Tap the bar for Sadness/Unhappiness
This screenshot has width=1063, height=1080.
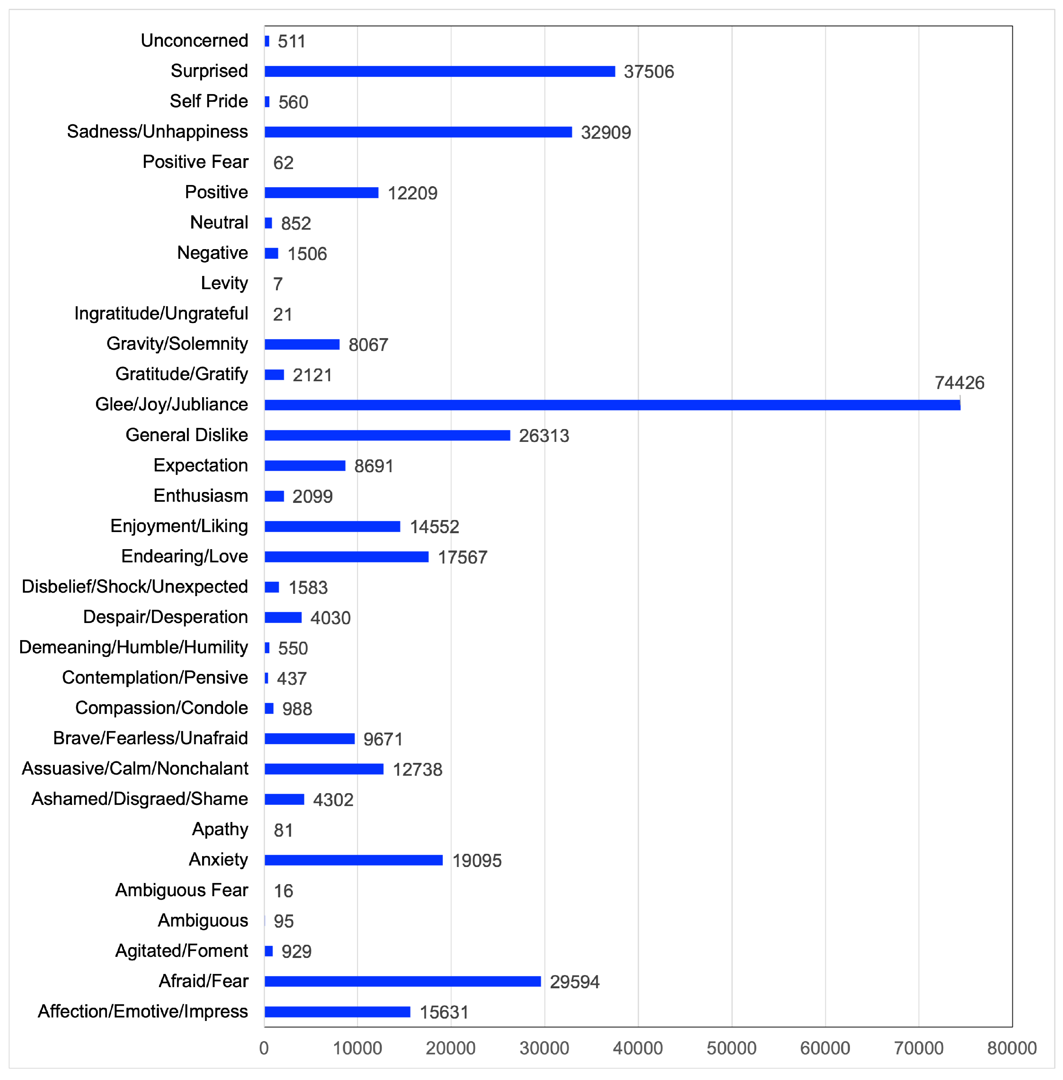pyautogui.click(x=418, y=132)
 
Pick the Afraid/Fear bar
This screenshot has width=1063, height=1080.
pyautogui.click(x=403, y=981)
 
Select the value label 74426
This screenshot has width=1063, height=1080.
pyautogui.click(x=959, y=383)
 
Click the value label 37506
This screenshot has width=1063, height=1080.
pyautogui.click(x=649, y=72)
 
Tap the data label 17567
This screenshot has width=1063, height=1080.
pyautogui.click(x=462, y=557)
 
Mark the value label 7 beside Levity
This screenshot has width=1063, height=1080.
pyautogui.click(x=278, y=284)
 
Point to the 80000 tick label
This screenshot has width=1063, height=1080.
pyautogui.click(x=1012, y=1048)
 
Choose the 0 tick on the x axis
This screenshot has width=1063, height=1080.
pyautogui.click(x=264, y=1048)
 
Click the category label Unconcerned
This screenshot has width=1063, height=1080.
pyautogui.click(x=194, y=41)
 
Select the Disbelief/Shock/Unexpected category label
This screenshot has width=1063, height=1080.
pyautogui.click(x=134, y=586)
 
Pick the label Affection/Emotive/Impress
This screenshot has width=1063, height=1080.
pyautogui.click(x=143, y=1011)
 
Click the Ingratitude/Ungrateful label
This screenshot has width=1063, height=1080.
pyautogui.click(x=161, y=314)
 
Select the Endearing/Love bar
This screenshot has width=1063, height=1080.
pyautogui.click(x=346, y=557)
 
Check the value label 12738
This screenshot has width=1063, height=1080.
pyautogui.click(x=417, y=769)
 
